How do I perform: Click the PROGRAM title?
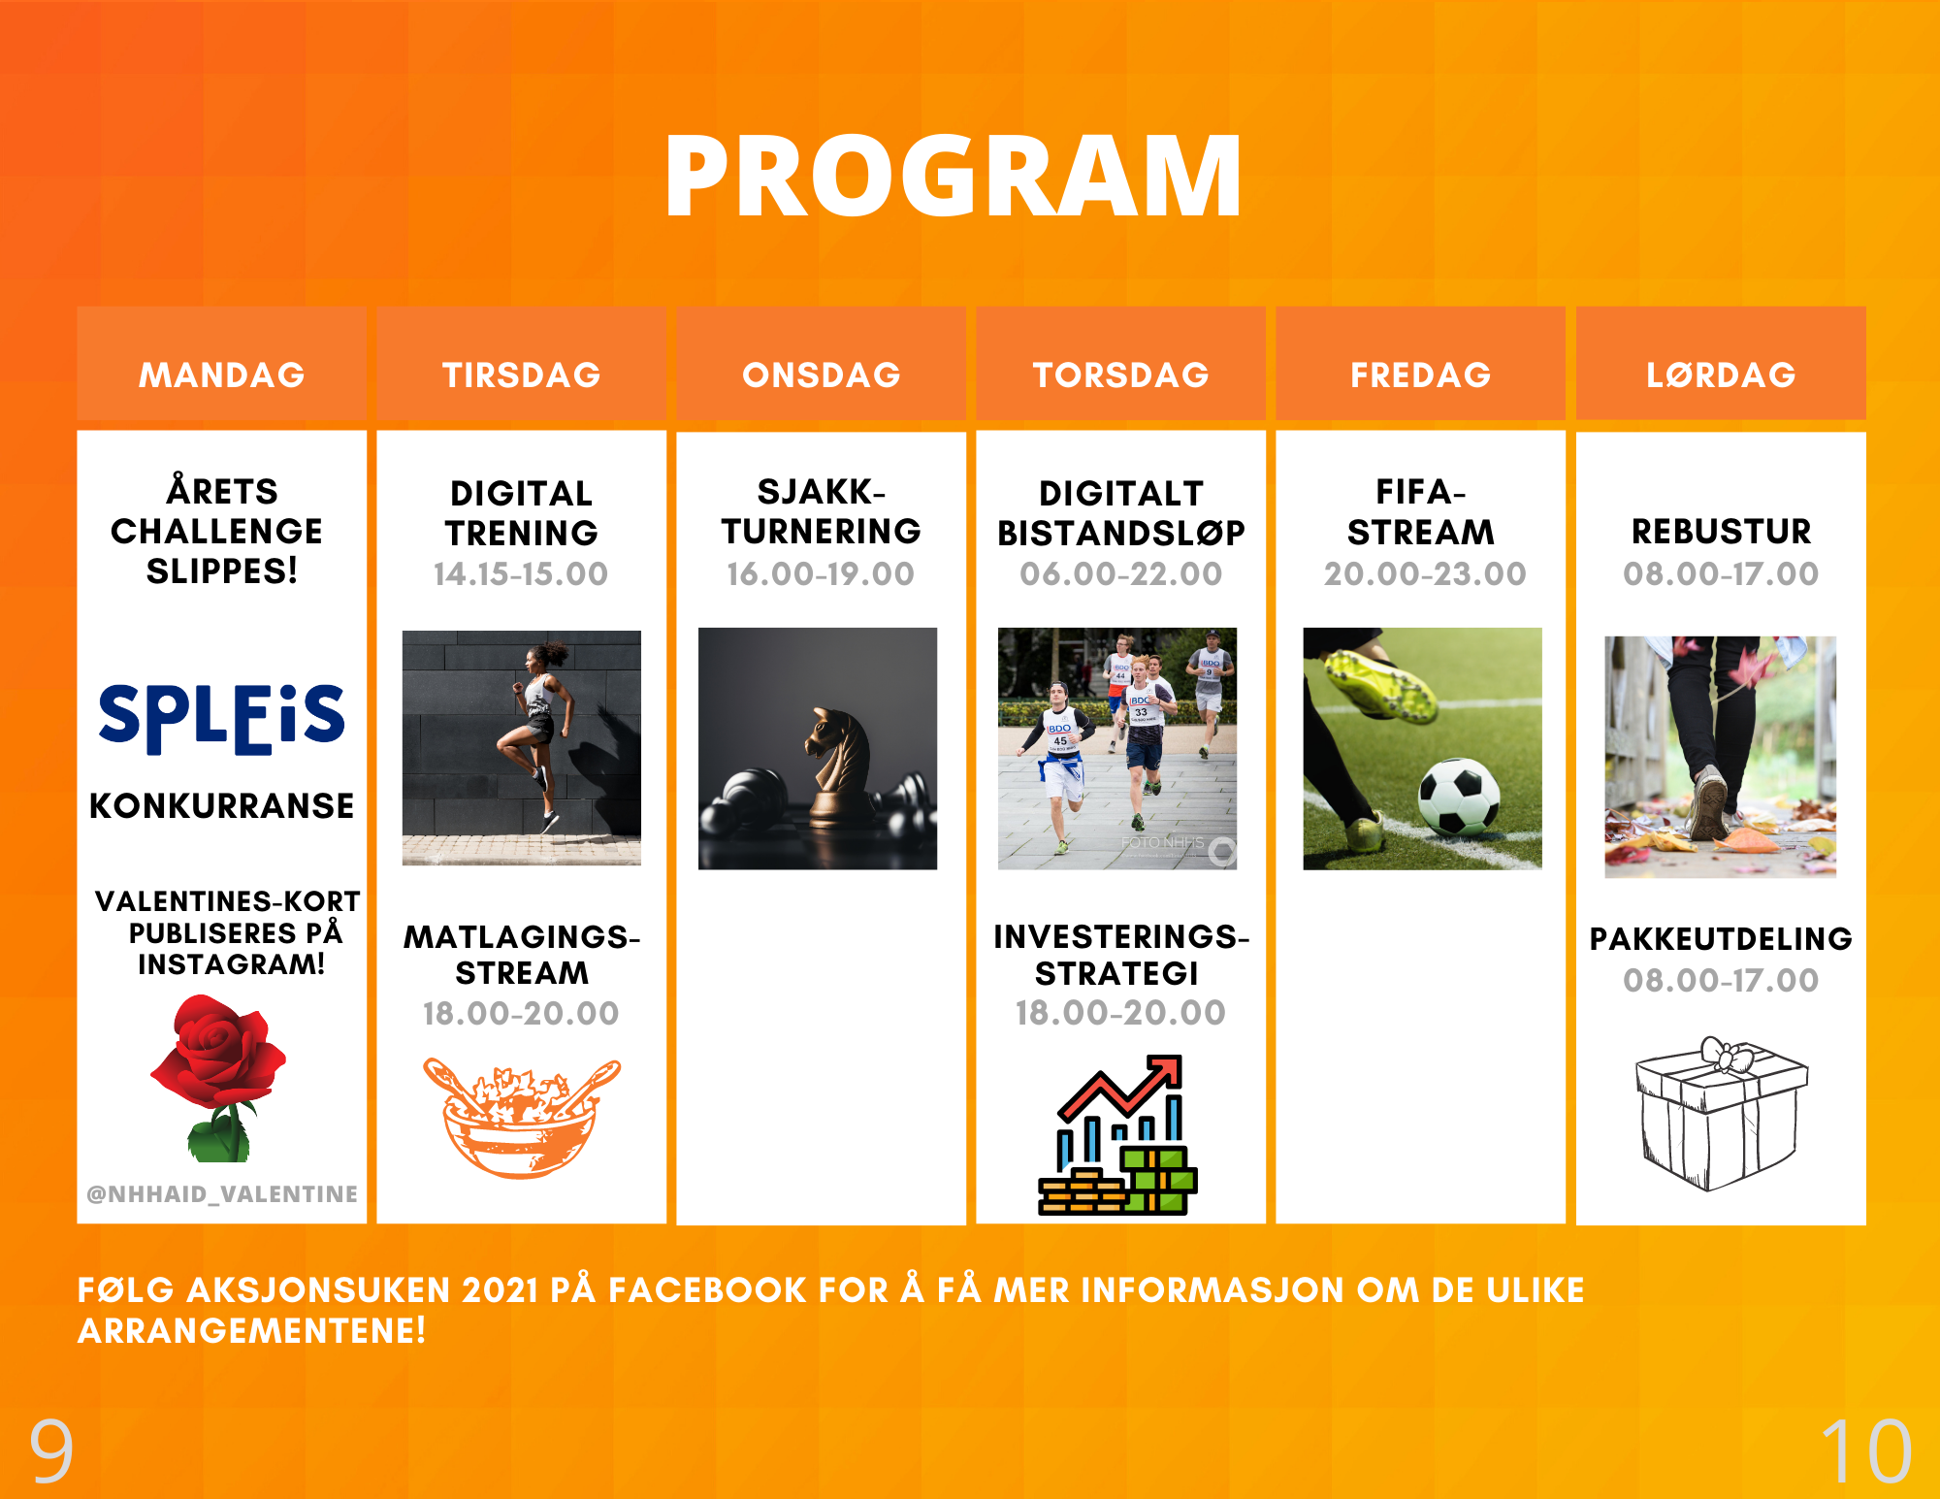point(954,176)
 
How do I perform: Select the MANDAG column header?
point(222,375)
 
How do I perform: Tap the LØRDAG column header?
point(1721,375)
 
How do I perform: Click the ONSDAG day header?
point(822,375)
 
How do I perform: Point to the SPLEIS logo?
point(222,719)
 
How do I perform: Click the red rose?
point(219,1077)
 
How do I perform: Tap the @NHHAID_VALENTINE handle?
point(222,1193)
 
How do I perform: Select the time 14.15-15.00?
point(521,573)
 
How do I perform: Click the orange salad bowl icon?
point(522,1118)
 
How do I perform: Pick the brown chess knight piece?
point(836,766)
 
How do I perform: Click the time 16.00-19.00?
point(821,573)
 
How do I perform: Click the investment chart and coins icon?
point(1118,1134)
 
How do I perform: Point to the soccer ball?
point(1458,797)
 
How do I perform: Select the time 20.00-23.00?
point(1425,573)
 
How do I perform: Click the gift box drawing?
point(1721,1114)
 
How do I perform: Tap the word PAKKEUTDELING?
point(1721,938)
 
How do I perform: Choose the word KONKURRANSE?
point(222,805)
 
